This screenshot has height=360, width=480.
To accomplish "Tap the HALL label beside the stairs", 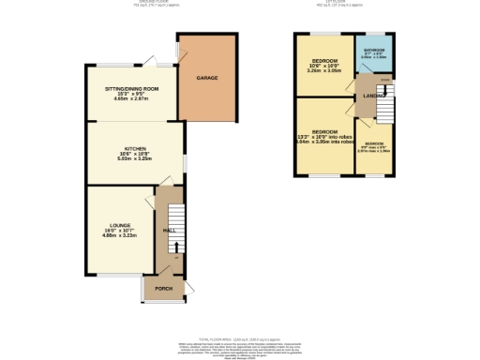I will pos(170,230).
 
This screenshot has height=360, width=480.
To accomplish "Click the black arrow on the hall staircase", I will pos(173,247).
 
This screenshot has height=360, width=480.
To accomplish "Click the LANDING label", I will pos(367,96).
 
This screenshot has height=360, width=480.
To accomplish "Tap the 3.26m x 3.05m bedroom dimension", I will pos(324,68).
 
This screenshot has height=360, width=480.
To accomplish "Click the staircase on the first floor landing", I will pos(382,111).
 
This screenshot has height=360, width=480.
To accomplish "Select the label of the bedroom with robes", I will pos(324,130).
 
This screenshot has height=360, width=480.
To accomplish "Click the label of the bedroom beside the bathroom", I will pos(324,58).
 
